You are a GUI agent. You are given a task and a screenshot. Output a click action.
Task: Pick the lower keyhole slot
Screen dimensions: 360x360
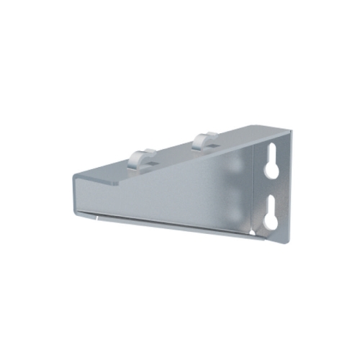pyautogui.click(x=272, y=212)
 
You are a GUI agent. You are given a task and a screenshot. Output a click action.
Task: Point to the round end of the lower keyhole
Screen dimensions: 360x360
pyautogui.click(x=271, y=220)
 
